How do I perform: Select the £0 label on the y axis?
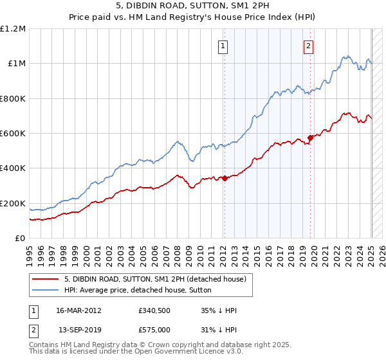coord(20,239)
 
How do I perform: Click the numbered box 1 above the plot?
coord(223,46)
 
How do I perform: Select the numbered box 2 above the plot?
coord(309,46)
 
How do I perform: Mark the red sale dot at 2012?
coord(225,179)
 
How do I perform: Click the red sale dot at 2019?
coord(310,138)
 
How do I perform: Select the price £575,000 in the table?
coord(154,330)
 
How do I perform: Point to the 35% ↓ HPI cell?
coord(219,310)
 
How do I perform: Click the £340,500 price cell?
coord(154,310)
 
